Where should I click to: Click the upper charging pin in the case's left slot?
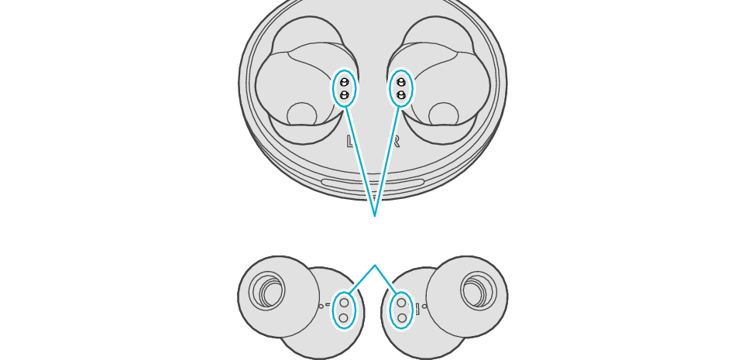(344, 82)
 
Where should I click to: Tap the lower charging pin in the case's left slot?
(344, 94)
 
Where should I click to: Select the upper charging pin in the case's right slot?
(401, 82)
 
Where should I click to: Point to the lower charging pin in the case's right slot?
(401, 94)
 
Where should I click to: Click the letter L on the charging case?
(351, 142)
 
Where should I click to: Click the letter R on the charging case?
(395, 142)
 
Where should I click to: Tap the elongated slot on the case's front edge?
(373, 183)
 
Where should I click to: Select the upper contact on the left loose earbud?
(344, 303)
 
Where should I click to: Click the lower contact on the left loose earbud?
(344, 317)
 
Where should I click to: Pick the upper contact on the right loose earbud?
(401, 303)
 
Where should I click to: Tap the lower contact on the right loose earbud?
(401, 317)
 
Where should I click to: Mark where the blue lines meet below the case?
(375, 215)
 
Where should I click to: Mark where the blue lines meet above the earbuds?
(375, 266)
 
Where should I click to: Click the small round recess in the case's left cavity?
(301, 115)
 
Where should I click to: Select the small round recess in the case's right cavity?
(444, 115)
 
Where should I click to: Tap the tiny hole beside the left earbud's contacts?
(321, 306)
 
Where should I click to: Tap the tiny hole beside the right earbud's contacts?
(424, 306)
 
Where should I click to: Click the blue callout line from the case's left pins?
(360, 162)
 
